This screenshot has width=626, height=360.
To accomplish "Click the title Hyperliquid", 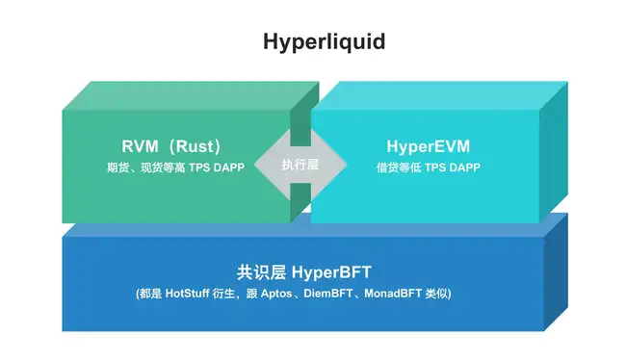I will point(312,42).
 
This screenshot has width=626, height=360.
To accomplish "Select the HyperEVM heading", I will point(428,147).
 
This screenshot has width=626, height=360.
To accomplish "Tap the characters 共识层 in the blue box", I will point(256,271).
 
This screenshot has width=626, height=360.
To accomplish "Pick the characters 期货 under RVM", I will point(117,167).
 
